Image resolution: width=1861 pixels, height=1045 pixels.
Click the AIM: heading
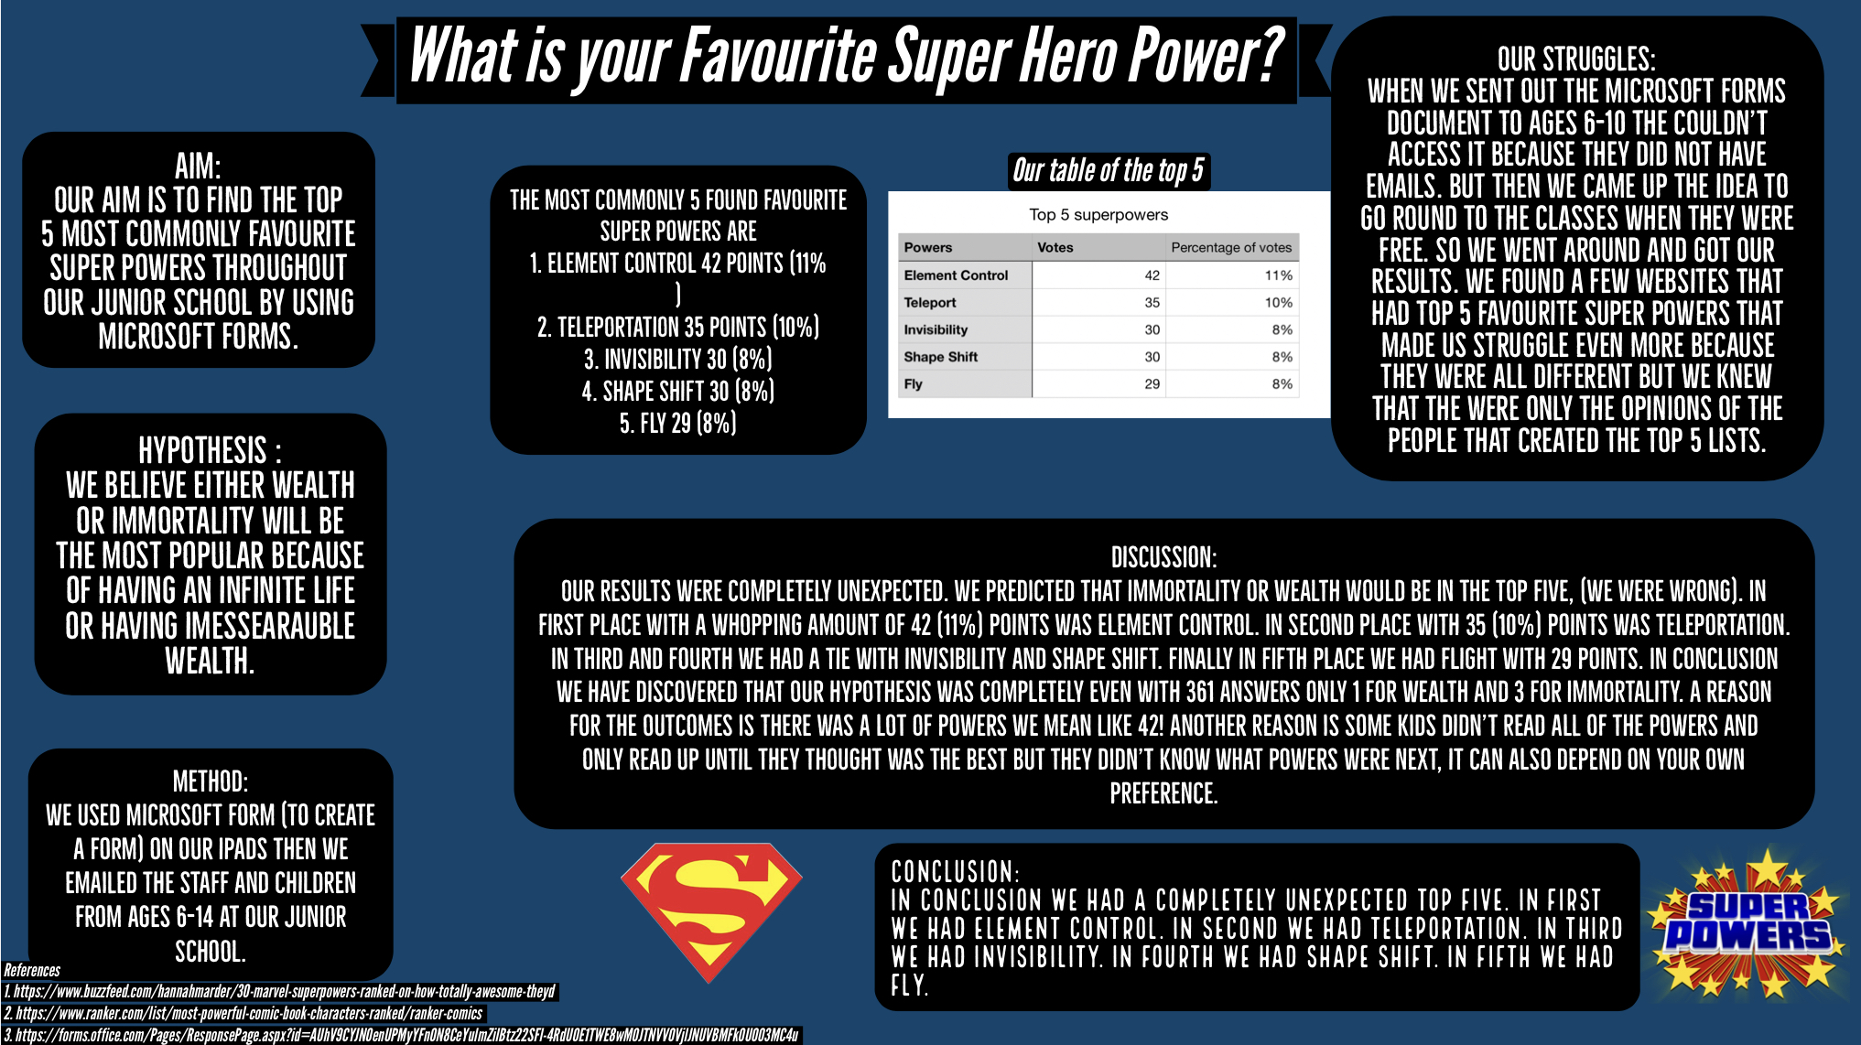point(198,167)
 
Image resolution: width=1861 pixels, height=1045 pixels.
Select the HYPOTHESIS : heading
point(210,450)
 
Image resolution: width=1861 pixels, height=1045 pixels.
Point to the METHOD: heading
point(211,781)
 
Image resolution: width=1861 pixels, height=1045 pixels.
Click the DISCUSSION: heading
point(1163,557)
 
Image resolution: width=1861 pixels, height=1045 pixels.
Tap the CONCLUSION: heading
point(956,871)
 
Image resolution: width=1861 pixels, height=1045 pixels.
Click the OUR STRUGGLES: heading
point(1576,59)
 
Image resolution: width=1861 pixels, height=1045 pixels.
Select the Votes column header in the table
point(1055,247)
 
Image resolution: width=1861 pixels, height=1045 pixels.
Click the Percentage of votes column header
point(1231,247)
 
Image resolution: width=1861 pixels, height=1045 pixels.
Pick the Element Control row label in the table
point(956,275)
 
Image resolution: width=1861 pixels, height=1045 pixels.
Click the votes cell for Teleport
point(1152,302)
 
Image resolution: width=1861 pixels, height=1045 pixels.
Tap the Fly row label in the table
point(913,383)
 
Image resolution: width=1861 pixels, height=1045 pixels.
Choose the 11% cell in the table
point(1279,275)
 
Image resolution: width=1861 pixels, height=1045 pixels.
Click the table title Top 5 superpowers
point(1098,214)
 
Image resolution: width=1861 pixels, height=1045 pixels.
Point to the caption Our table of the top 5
point(1109,171)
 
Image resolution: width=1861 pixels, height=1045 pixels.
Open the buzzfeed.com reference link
point(280,991)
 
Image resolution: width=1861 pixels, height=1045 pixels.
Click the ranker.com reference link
point(243,1013)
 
